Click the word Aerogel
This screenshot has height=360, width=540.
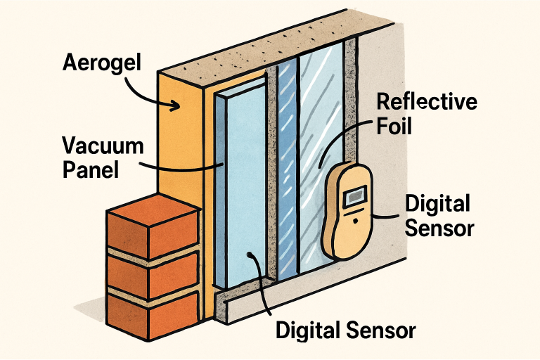(x=102, y=63)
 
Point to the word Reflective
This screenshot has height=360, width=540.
(x=427, y=102)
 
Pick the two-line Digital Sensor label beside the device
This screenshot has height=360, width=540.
(x=437, y=216)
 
